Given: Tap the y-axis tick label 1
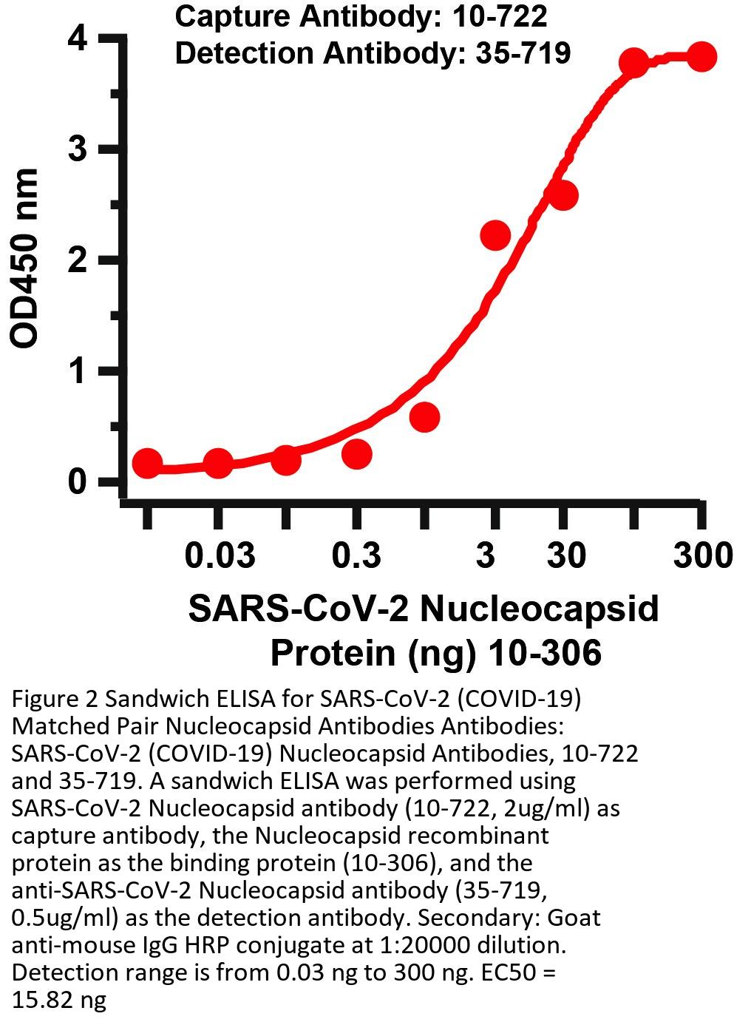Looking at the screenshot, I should pos(78,371).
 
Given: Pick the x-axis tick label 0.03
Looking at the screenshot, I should pos(219,555).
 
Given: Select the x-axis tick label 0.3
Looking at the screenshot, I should pos(356,555).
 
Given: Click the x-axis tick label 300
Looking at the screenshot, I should pos(702,555).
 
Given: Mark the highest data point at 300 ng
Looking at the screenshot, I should pos(701,56).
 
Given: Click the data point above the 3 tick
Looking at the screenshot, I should pos(495,235).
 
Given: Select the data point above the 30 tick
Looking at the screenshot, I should pos(563,196).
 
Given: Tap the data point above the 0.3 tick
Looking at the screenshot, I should pos(356,453).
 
